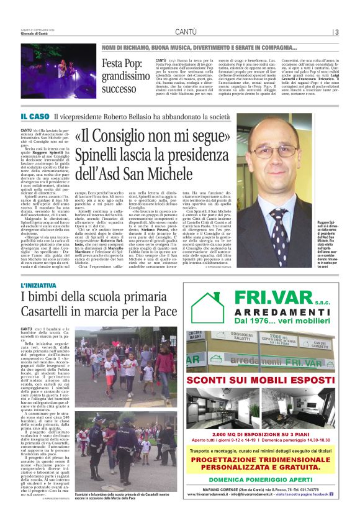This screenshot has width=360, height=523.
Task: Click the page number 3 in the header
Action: click(336, 32)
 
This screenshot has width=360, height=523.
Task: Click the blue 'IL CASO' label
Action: click(35, 116)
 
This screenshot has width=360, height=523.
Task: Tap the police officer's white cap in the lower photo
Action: click(99, 419)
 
